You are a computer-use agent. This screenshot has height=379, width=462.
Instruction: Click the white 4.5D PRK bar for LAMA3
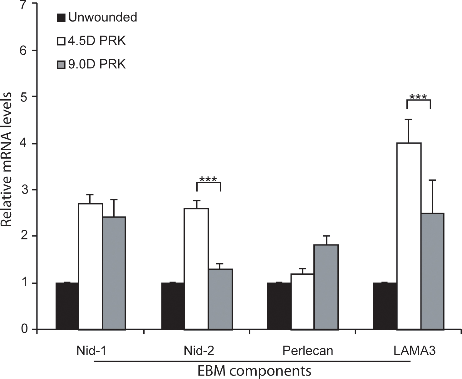coord(409,236)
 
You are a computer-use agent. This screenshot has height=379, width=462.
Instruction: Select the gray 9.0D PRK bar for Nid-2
coord(220,299)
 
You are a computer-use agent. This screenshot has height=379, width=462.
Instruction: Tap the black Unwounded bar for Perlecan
coord(279,306)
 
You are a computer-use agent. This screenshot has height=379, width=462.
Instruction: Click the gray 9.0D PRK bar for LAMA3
coord(432,271)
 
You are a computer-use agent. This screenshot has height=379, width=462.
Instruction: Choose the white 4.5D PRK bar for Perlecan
coord(303,302)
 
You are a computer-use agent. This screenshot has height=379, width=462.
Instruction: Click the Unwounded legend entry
coord(97,17)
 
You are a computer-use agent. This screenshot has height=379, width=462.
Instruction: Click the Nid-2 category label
coord(199,351)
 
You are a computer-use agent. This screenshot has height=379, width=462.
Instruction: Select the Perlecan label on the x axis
coord(307,351)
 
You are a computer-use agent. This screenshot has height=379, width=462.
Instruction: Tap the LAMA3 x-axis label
coord(414,351)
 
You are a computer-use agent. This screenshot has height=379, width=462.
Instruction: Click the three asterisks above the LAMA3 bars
coord(418,97)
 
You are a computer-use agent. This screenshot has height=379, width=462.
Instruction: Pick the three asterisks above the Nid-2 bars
coord(208,180)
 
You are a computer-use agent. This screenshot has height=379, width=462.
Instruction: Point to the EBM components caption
coord(254,371)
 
